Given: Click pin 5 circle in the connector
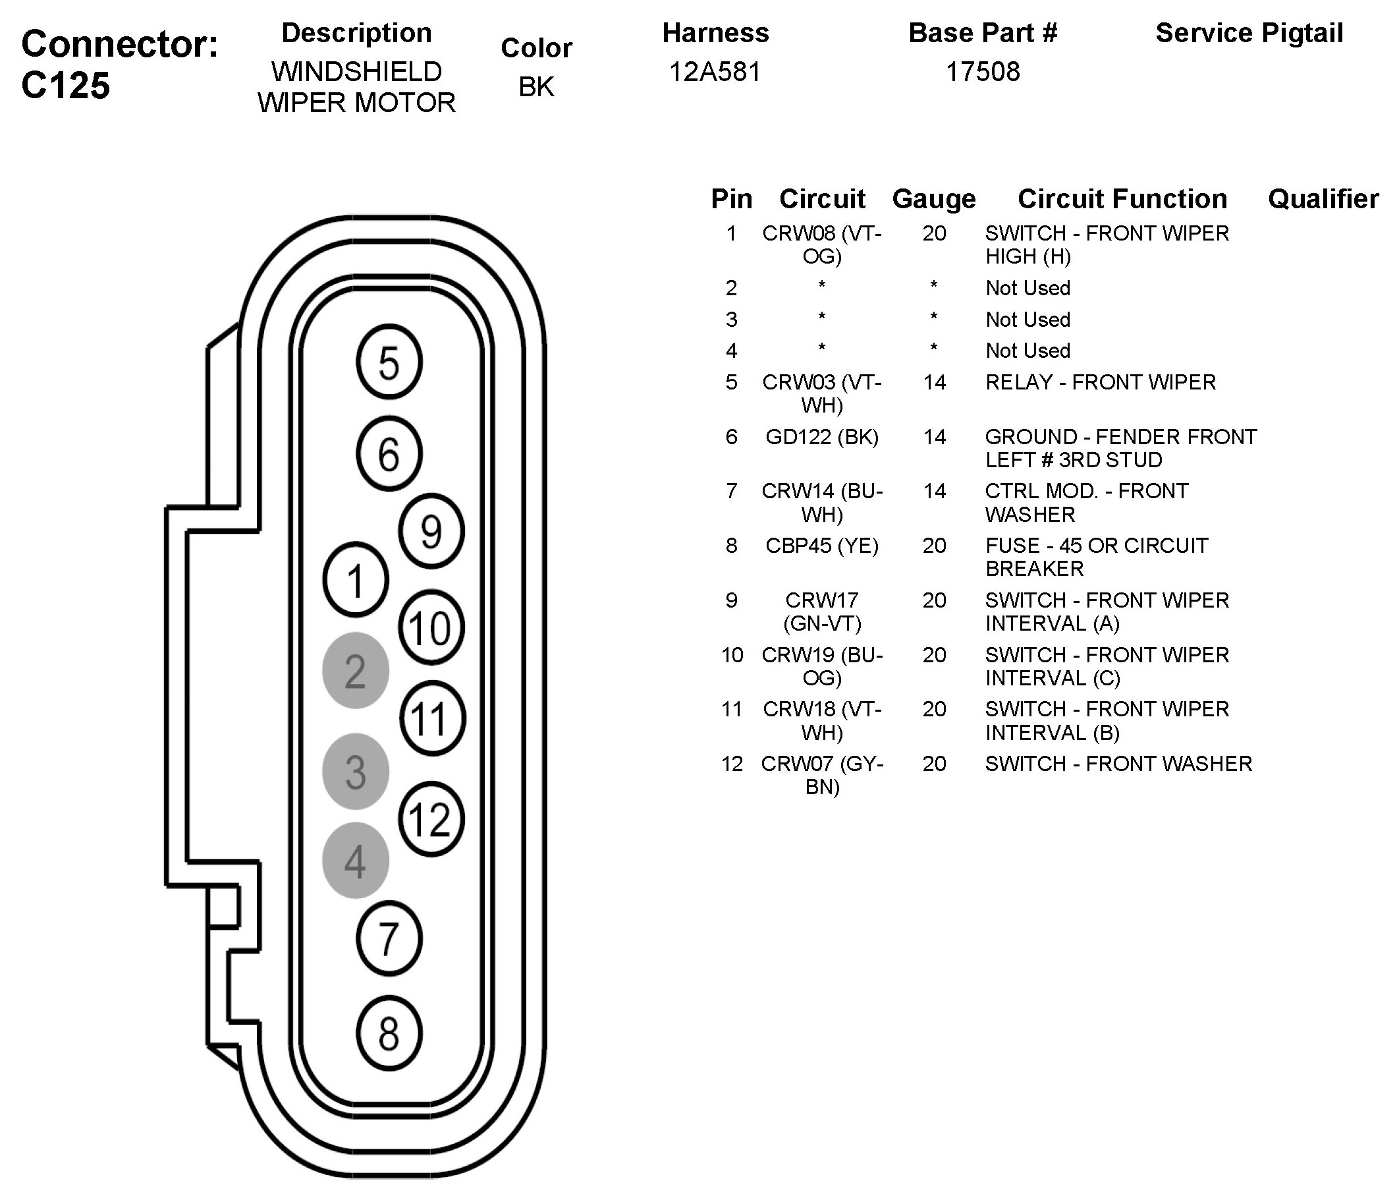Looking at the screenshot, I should [x=389, y=362].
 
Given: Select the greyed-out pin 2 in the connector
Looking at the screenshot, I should [x=355, y=670].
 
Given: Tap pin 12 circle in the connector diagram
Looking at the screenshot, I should [x=431, y=819].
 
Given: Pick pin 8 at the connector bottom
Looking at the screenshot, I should [x=389, y=1033].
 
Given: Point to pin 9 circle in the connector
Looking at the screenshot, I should [x=431, y=531].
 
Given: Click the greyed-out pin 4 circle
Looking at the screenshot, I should [x=355, y=861].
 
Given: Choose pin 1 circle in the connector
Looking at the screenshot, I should [x=355, y=580].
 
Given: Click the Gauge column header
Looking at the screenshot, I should [x=934, y=199].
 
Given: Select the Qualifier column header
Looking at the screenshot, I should [x=1323, y=199].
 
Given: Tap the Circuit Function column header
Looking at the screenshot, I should [x=1122, y=199].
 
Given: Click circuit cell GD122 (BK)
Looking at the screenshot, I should [x=822, y=437].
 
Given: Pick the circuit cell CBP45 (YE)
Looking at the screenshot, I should [x=822, y=546].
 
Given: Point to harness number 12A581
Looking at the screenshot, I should [x=715, y=72].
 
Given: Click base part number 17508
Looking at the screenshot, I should [x=982, y=72].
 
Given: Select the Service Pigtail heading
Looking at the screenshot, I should [x=1249, y=33].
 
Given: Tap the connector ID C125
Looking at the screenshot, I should [x=65, y=86].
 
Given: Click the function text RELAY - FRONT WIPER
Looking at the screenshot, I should [x=1101, y=382].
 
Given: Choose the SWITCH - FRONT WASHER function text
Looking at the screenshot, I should [x=1118, y=764].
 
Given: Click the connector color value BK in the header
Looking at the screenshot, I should [x=536, y=87].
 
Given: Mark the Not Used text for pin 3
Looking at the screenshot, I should [x=1027, y=320].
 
